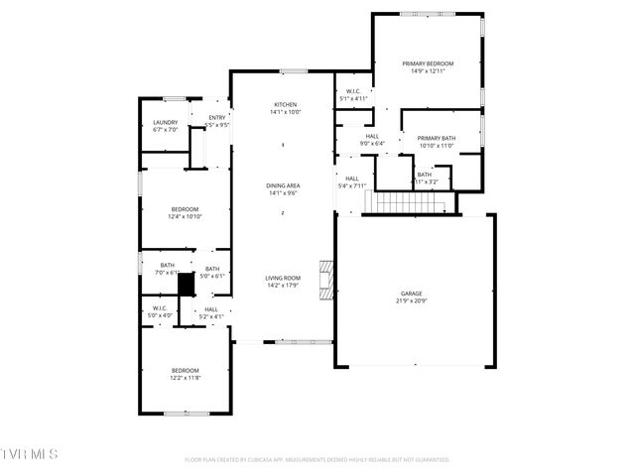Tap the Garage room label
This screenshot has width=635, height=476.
click(412, 294)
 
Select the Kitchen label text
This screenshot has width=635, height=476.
click(285, 104)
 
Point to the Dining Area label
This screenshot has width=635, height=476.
click(283, 185)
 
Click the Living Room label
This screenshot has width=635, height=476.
click(283, 278)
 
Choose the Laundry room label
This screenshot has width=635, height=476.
click(165, 122)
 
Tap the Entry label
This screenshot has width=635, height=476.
click(216, 118)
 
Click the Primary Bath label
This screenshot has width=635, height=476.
click(436, 138)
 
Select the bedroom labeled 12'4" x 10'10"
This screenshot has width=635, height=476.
click(186, 209)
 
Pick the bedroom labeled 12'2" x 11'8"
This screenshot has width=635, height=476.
click(185, 371)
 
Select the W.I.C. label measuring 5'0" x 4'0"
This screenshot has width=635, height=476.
click(160, 308)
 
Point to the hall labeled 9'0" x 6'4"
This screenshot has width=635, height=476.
click(372, 137)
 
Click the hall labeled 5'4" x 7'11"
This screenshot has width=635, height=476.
click(352, 179)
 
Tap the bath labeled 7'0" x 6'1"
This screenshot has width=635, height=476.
click(166, 265)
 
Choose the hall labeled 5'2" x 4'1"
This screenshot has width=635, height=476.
click(211, 309)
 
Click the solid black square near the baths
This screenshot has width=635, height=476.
click(185, 285)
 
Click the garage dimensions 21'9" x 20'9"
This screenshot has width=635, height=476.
click(412, 300)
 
